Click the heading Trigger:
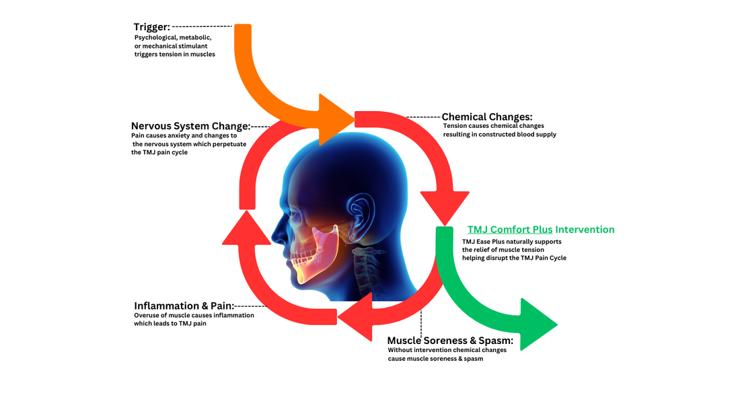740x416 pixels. [x=151, y=27]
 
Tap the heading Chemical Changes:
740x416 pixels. [x=486, y=117]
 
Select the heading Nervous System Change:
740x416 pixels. [x=190, y=126]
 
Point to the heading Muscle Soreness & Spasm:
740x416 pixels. [x=450, y=341]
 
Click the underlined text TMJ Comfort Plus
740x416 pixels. [x=510, y=230]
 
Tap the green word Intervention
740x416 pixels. [x=585, y=230]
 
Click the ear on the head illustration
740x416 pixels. [x=361, y=209]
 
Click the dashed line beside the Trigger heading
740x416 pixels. [x=202, y=26]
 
